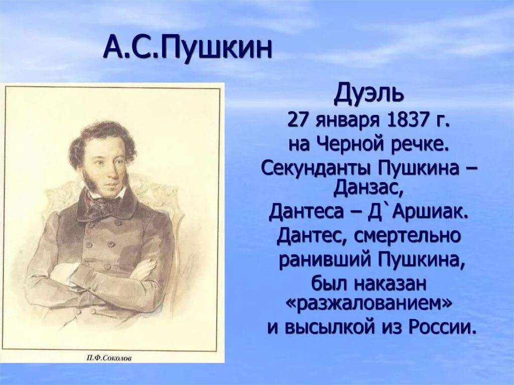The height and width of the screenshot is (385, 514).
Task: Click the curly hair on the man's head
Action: coord(100,136)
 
